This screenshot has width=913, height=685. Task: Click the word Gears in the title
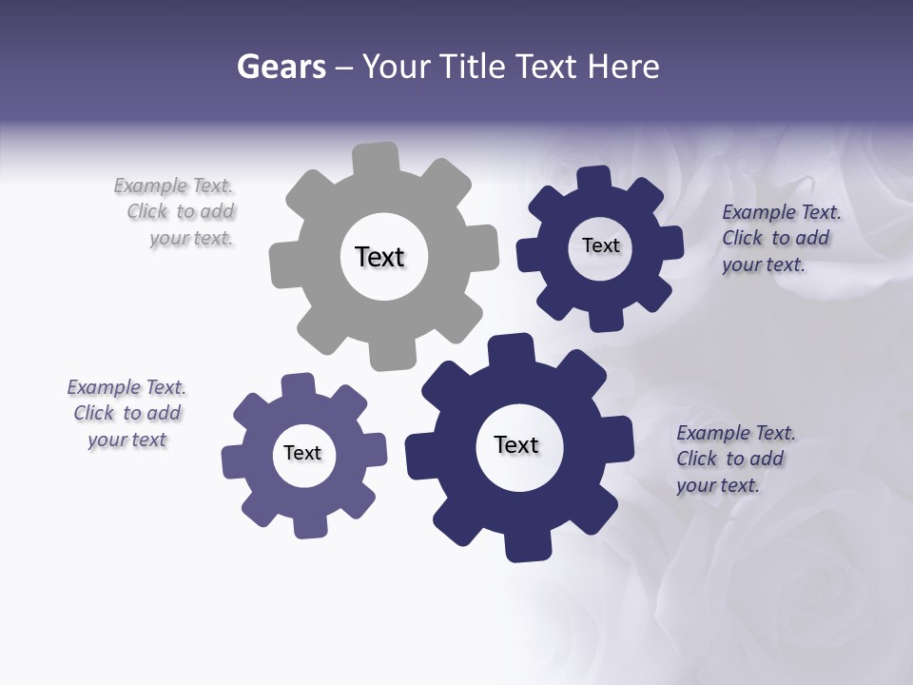(x=281, y=67)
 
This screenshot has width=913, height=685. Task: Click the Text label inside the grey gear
(x=379, y=257)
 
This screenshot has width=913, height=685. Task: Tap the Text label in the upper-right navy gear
(x=600, y=245)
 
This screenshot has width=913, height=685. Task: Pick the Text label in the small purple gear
(x=302, y=453)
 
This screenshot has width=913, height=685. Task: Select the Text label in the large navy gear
(x=516, y=444)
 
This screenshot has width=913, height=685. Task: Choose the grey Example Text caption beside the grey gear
(x=177, y=212)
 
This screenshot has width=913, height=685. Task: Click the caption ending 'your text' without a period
(x=126, y=413)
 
